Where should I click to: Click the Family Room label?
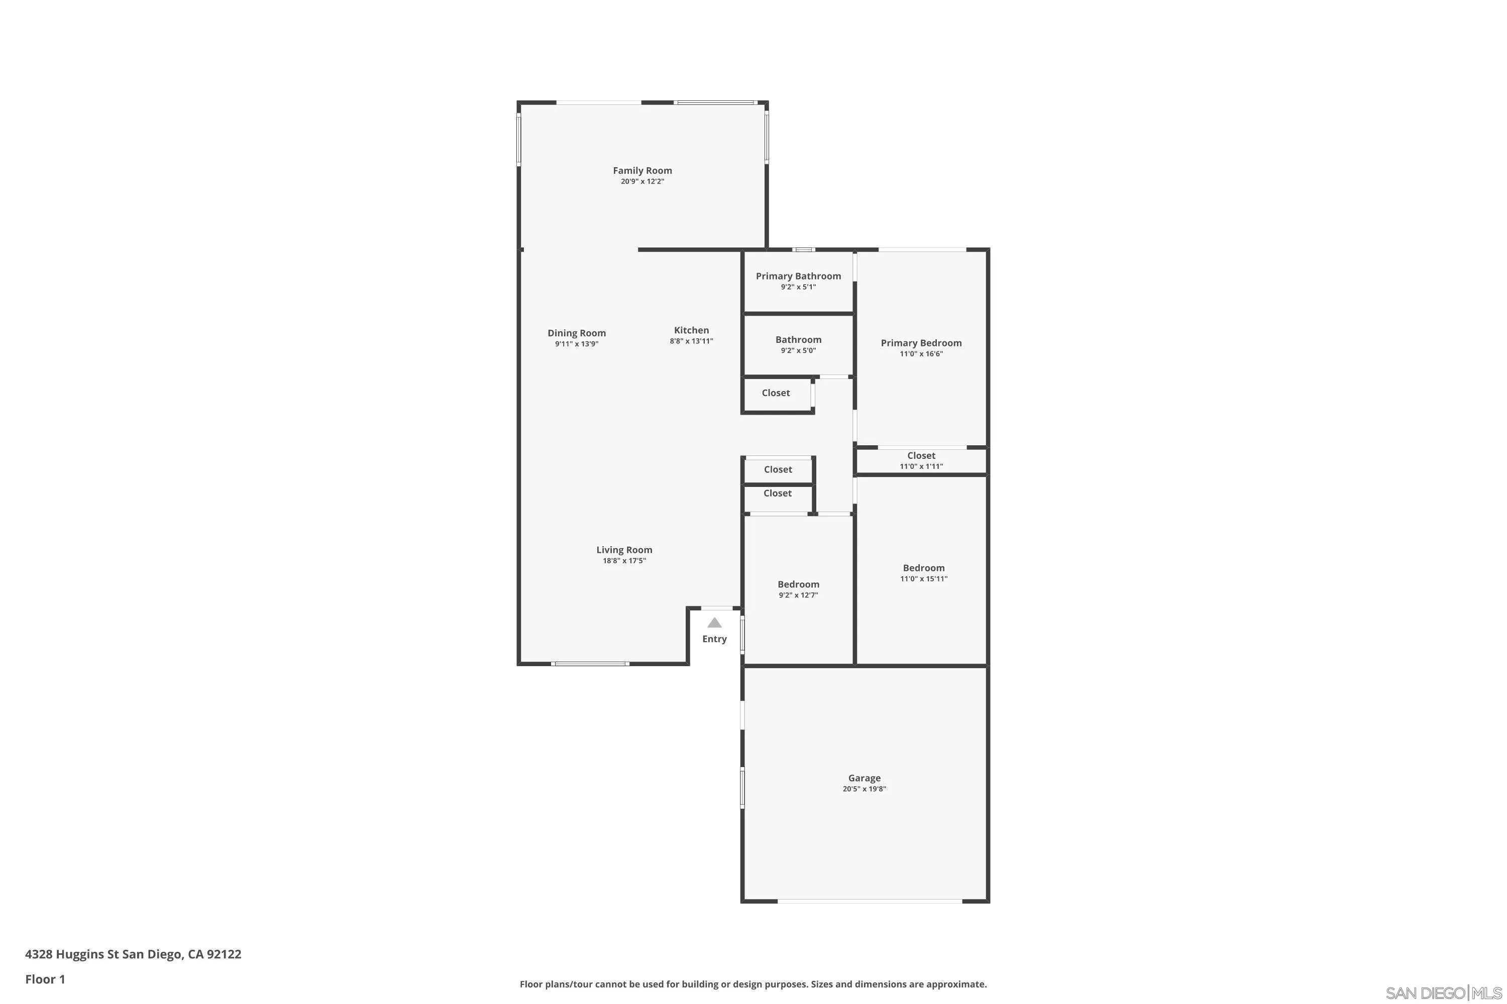click(x=642, y=170)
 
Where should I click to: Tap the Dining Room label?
click(x=577, y=333)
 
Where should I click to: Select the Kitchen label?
click(x=691, y=330)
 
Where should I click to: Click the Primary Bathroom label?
click(x=798, y=276)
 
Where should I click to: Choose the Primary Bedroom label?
click(x=921, y=343)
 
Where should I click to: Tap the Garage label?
click(x=865, y=778)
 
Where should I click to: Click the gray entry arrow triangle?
click(x=714, y=622)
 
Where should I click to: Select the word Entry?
click(x=714, y=639)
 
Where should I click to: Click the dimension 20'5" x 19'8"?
click(x=865, y=789)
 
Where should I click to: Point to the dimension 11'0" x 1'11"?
click(x=921, y=466)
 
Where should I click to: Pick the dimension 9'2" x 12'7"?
click(x=798, y=595)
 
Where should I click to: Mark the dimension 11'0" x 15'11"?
click(x=924, y=579)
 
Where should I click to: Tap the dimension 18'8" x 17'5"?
click(x=624, y=561)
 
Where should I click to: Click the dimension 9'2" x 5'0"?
click(x=798, y=351)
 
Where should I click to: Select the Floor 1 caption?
click(x=45, y=979)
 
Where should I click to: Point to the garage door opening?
click(x=870, y=902)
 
